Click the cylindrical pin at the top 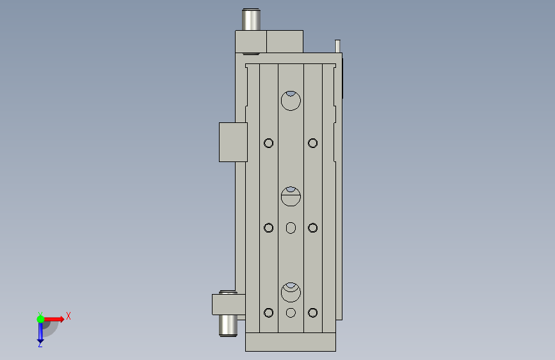point(251,20)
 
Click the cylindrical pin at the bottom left point(228,325)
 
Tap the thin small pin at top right point(337,46)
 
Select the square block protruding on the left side point(233,142)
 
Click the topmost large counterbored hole point(291,101)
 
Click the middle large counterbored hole point(291,196)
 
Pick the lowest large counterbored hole point(291,292)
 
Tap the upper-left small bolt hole point(269,143)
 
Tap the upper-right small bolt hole point(312,143)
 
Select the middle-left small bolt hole point(269,228)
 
